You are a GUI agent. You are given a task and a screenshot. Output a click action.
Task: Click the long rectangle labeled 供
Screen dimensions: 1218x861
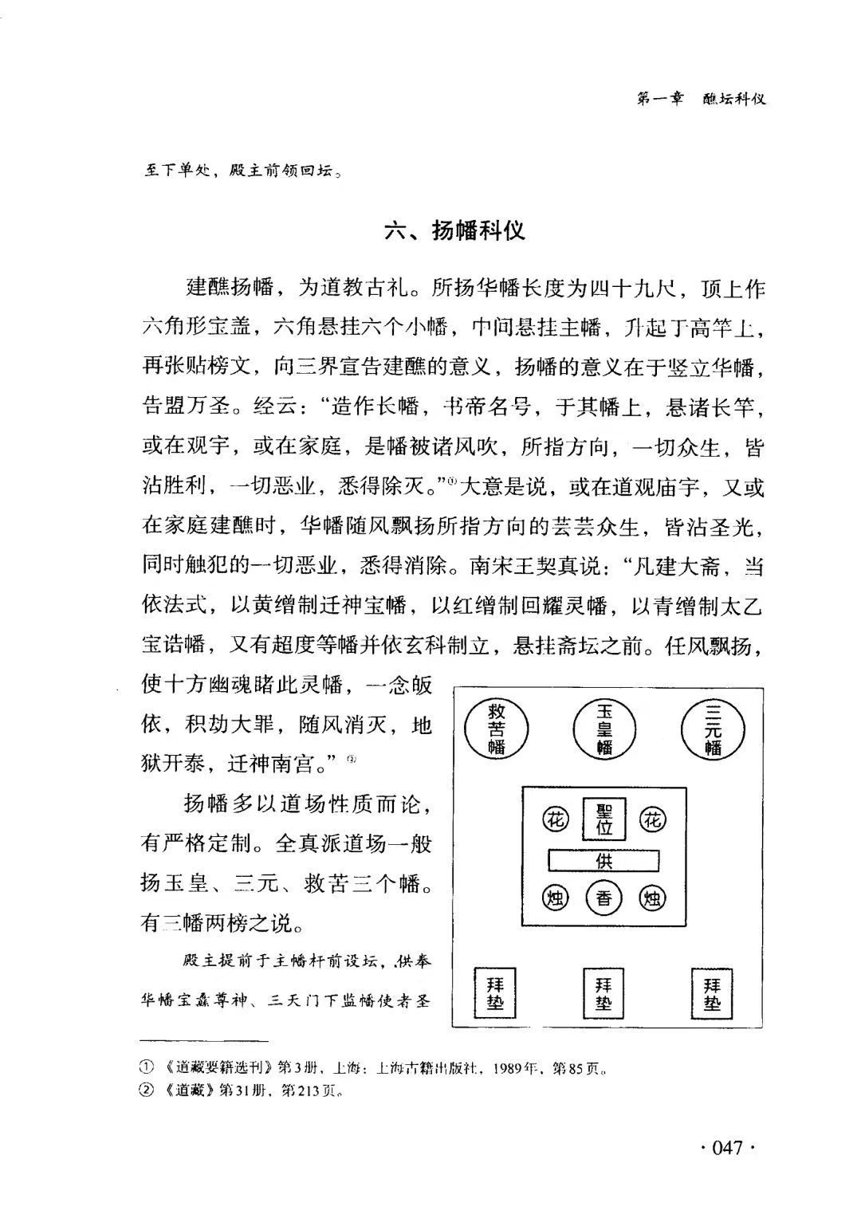pyautogui.click(x=604, y=861)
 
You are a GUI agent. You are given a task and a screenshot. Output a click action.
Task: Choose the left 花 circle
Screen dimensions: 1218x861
pyautogui.click(x=555, y=819)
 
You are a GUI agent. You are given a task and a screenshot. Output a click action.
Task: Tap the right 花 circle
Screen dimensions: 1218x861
pyautogui.click(x=654, y=819)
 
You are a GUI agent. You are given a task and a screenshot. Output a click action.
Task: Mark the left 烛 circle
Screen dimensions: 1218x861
pyautogui.click(x=555, y=899)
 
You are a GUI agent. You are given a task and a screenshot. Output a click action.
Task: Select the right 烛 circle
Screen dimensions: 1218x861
pyautogui.click(x=654, y=899)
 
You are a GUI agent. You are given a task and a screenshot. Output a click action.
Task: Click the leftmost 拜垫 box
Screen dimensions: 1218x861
pyautogui.click(x=495, y=992)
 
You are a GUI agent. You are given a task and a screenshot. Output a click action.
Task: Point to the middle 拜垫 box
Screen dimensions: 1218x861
pyautogui.click(x=603, y=992)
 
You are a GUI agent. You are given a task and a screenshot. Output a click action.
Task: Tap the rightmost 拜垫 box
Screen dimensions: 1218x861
pyautogui.click(x=712, y=992)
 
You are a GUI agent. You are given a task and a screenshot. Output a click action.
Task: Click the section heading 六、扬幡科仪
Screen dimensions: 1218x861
pyautogui.click(x=454, y=231)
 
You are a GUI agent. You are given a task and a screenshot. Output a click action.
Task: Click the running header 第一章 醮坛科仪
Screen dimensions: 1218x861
pyautogui.click(x=702, y=99)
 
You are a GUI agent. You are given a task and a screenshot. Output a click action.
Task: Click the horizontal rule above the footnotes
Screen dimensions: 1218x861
pyautogui.click(x=203, y=1041)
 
